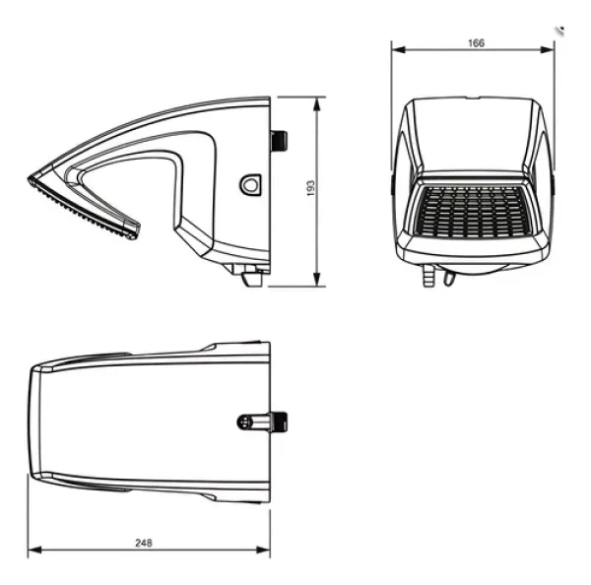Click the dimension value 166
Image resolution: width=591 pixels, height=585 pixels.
476,43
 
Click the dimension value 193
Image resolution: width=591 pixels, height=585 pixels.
310,188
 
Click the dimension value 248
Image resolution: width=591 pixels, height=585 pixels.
144,543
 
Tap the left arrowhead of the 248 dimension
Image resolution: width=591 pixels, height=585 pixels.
34,551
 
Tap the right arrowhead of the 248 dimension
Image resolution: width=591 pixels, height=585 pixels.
263,550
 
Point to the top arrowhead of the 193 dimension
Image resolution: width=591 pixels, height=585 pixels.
317,104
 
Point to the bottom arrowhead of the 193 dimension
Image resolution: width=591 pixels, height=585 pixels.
317,280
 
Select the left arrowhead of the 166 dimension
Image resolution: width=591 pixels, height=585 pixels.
399,49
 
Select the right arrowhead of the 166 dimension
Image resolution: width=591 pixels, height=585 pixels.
548,49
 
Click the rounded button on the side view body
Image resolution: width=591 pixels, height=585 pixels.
250,185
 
